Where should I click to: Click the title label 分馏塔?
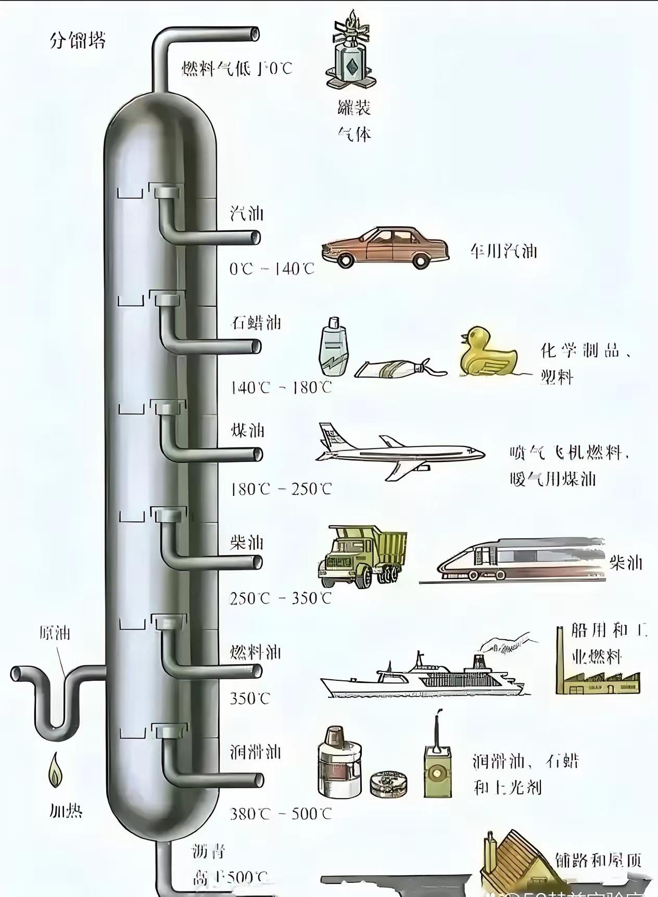click(x=78, y=40)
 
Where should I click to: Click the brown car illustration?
click(x=386, y=247)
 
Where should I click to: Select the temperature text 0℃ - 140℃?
click(x=272, y=269)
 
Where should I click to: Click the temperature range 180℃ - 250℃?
click(x=281, y=489)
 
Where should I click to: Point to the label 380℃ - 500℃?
click(x=281, y=814)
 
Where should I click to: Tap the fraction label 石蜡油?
click(x=256, y=323)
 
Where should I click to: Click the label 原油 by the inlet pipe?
click(x=55, y=633)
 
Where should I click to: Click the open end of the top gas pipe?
click(x=255, y=34)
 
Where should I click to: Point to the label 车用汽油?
click(x=503, y=252)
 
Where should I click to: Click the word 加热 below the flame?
click(x=66, y=811)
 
